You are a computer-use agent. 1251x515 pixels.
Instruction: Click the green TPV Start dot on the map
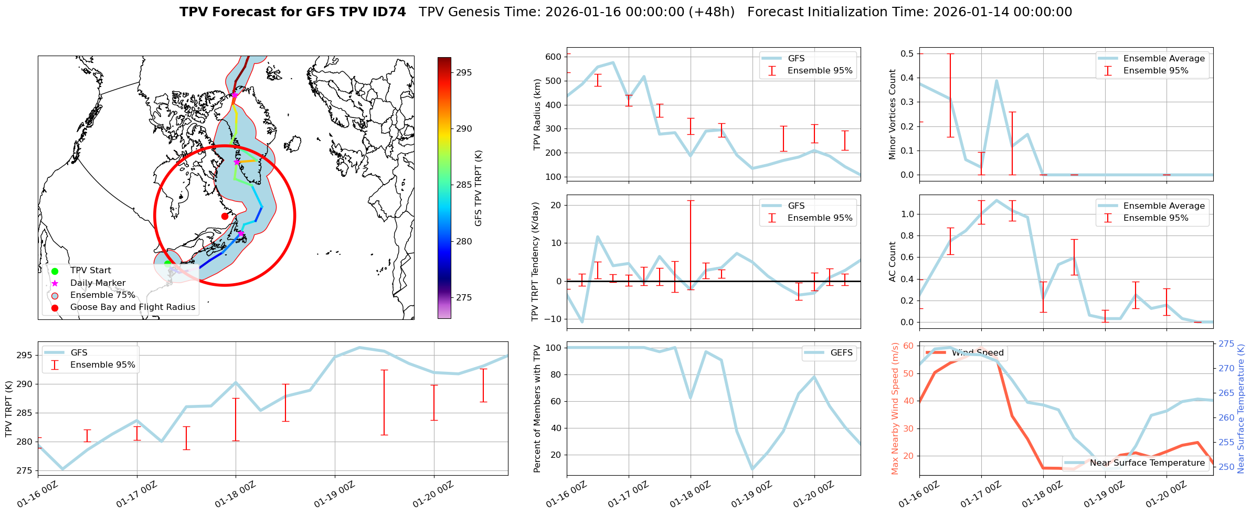coord(167,264)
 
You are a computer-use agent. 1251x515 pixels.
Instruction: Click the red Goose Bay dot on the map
coord(225,216)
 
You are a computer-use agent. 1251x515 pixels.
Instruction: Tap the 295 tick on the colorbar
coord(463,72)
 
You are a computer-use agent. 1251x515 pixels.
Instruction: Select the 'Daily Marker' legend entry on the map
coord(98,283)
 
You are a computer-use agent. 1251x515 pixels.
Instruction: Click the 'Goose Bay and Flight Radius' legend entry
coord(132,307)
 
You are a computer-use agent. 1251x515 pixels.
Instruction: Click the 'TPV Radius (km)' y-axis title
coord(537,114)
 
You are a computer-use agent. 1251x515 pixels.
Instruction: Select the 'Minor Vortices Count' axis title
coord(892,114)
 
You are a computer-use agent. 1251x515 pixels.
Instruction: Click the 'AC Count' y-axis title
coord(892,262)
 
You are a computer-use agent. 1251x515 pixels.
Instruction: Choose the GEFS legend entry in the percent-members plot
coord(841,353)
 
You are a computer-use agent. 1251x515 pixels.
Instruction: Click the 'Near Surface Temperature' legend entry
coord(1147,463)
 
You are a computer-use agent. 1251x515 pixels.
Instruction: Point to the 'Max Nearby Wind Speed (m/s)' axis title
coord(895,409)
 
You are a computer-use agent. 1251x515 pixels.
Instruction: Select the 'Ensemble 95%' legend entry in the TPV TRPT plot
coord(102,365)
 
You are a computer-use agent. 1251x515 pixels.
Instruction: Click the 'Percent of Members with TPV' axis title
coord(537,409)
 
